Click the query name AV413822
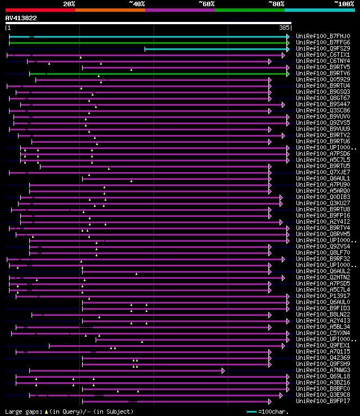click(x=21, y=18)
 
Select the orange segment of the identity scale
click(x=110, y=10)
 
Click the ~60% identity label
click(x=206, y=4)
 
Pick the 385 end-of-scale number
click(x=284, y=28)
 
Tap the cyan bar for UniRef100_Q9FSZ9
click(x=217, y=49)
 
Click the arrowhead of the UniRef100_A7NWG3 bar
click(x=223, y=370)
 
